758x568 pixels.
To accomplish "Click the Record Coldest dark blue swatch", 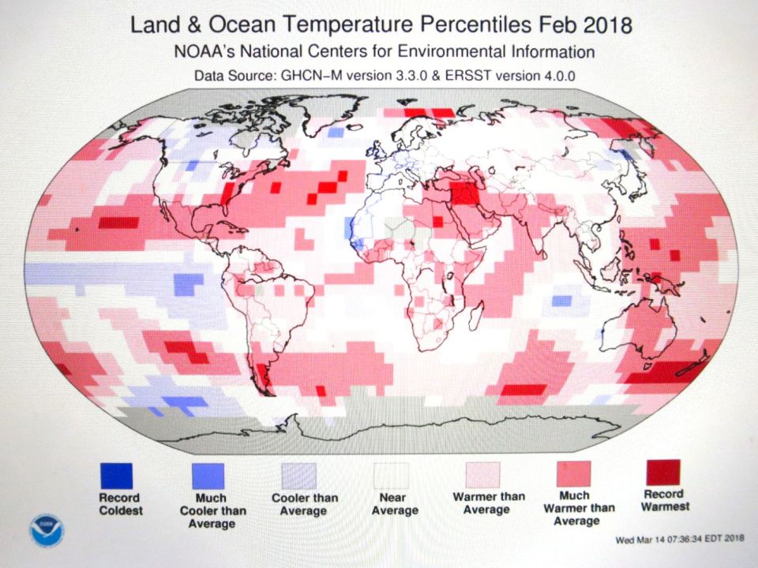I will [x=116, y=476].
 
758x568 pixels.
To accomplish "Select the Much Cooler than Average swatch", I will [x=208, y=476].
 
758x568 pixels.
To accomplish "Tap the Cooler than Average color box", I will [x=300, y=476].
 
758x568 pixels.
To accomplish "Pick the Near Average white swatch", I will [x=391, y=476].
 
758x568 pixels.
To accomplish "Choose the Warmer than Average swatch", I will [x=482, y=476].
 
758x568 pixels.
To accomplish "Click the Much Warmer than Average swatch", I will [x=573, y=475].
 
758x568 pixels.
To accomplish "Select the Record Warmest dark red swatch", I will [x=663, y=473].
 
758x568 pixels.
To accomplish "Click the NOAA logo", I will [x=45, y=530].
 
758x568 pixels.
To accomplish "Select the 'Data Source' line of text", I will [x=379, y=77].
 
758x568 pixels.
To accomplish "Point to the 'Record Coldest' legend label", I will [x=120, y=504].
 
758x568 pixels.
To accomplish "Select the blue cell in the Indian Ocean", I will [x=561, y=301].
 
